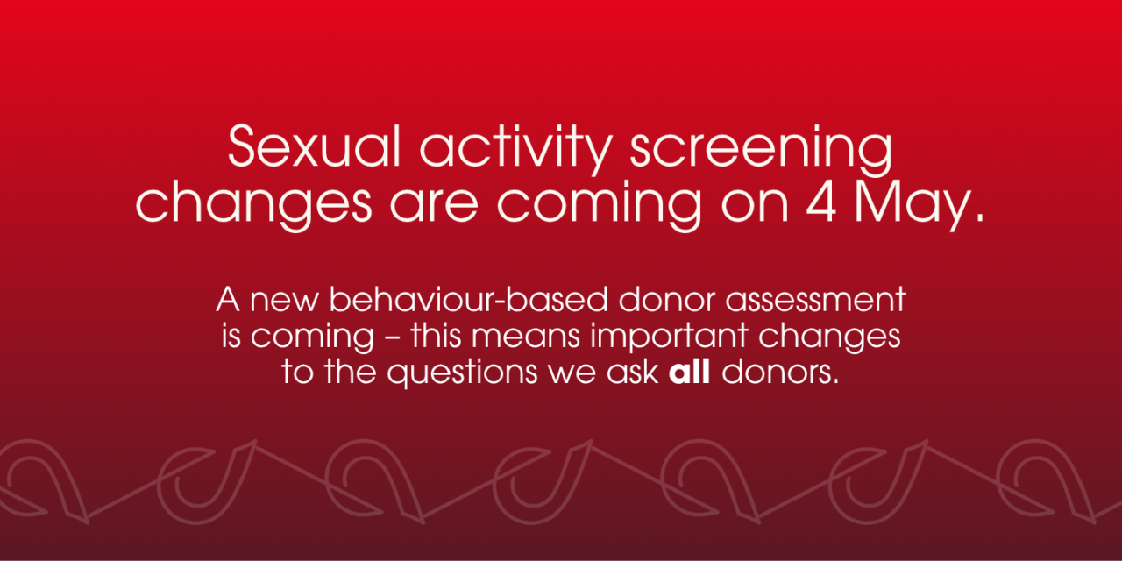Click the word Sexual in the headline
(315, 146)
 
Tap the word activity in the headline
(516, 149)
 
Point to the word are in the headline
(434, 205)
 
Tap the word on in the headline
(755, 205)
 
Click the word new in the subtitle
(284, 301)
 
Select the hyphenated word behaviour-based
(468, 299)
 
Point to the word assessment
(815, 300)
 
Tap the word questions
(462, 373)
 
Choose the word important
(669, 337)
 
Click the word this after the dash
(436, 335)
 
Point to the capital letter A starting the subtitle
(228, 300)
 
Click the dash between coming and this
(392, 338)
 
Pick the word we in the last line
(571, 373)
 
